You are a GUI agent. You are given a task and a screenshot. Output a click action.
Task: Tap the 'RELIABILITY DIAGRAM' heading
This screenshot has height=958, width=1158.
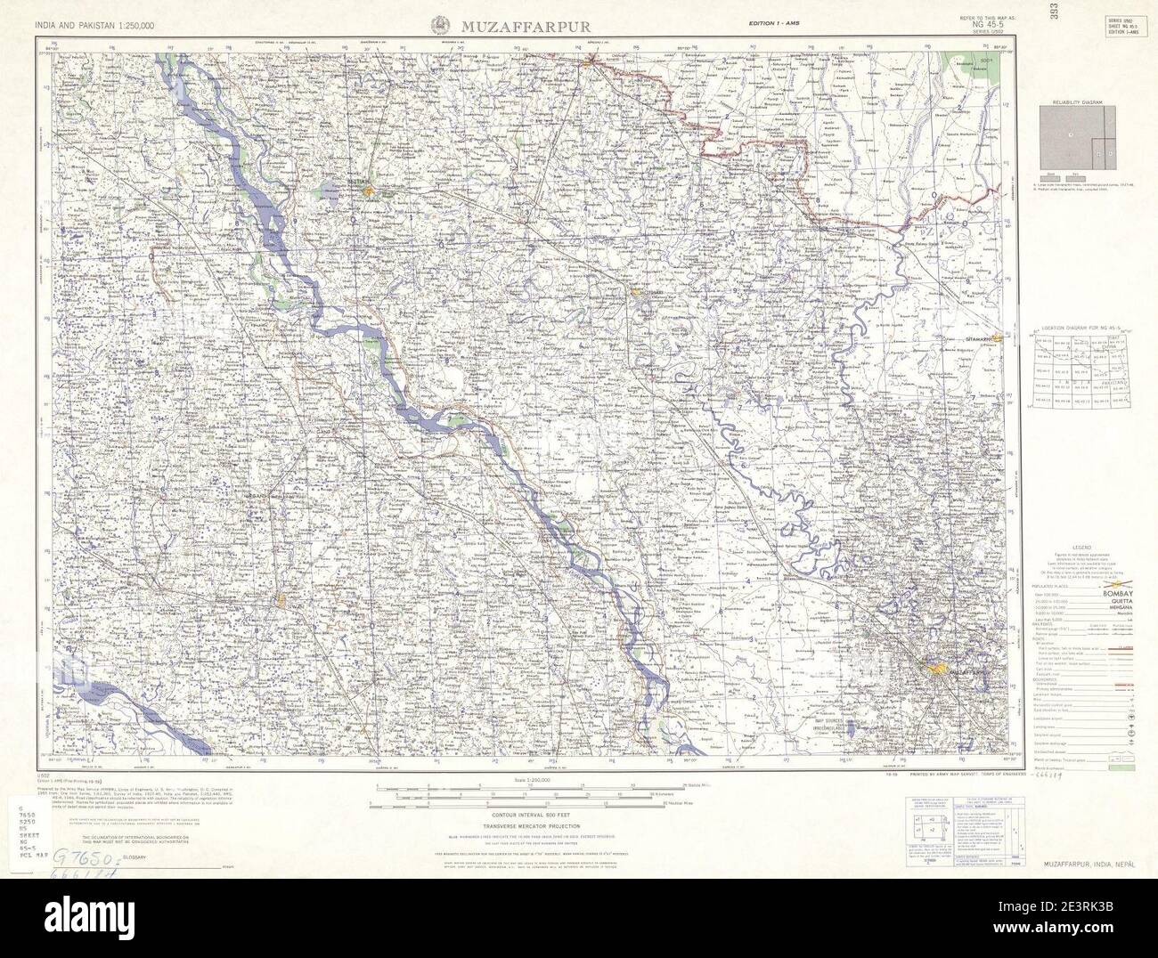click(1077, 104)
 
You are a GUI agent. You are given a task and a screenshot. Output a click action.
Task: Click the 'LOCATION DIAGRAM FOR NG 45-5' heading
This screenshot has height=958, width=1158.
click(1078, 329)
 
